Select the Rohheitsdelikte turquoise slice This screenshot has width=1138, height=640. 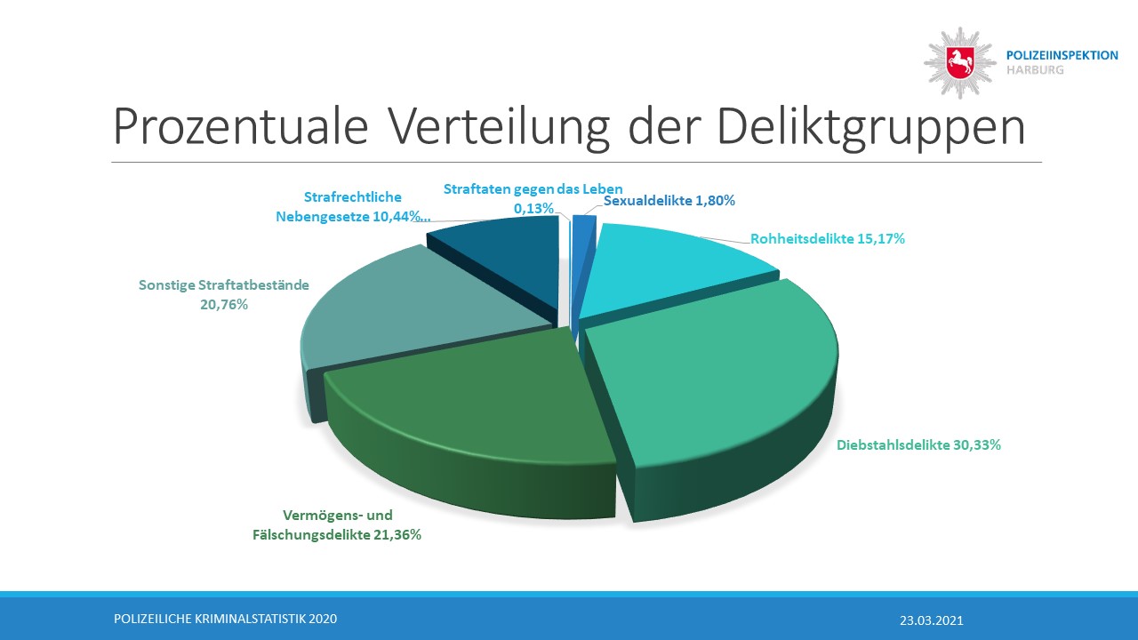point(676,267)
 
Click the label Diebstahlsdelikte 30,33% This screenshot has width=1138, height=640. point(919,444)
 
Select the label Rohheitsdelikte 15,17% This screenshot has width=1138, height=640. point(828,238)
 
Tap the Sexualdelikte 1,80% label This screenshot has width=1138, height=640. point(669,201)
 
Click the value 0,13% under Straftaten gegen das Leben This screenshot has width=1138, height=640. point(533,208)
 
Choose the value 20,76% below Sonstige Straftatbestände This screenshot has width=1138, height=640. point(224,305)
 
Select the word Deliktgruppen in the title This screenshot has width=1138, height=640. point(870,128)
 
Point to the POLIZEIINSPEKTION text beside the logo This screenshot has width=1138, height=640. point(1062,55)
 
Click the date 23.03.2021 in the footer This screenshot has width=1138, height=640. point(931,620)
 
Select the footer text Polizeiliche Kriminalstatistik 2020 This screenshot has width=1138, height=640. point(226,619)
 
